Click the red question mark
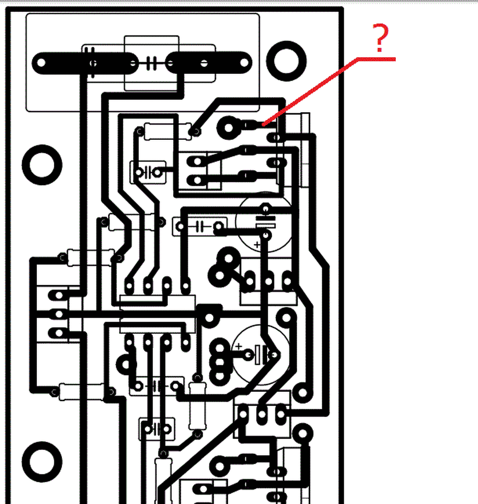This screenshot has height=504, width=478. (x=381, y=38)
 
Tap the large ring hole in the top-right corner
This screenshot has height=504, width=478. (x=286, y=61)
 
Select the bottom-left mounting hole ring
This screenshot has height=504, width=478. (x=42, y=461)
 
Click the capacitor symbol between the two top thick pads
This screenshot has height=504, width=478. (x=151, y=63)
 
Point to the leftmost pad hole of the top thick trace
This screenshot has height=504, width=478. (x=41, y=63)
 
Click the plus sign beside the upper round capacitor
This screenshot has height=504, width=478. (x=256, y=244)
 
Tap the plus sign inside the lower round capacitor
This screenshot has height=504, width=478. (x=239, y=346)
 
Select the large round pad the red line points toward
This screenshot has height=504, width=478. (x=229, y=127)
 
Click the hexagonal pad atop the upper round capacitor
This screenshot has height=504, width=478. (x=266, y=208)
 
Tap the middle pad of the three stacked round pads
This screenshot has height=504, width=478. (x=220, y=363)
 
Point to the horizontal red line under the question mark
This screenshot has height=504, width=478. (x=376, y=59)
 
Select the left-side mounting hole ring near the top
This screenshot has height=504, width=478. (x=42, y=164)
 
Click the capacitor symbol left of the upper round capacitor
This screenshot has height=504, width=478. (x=200, y=226)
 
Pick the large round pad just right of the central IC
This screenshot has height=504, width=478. (x=210, y=317)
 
